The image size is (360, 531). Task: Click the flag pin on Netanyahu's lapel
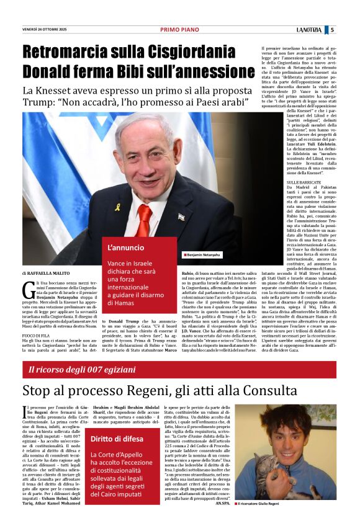(181, 217)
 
